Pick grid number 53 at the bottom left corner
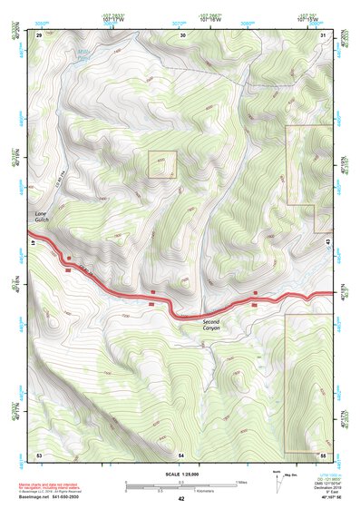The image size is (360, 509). click(39, 453)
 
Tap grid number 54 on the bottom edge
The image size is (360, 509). click(181, 453)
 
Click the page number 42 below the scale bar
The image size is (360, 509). click(181, 499)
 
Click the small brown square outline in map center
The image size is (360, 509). click(162, 164)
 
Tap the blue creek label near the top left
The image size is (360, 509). click(82, 57)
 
